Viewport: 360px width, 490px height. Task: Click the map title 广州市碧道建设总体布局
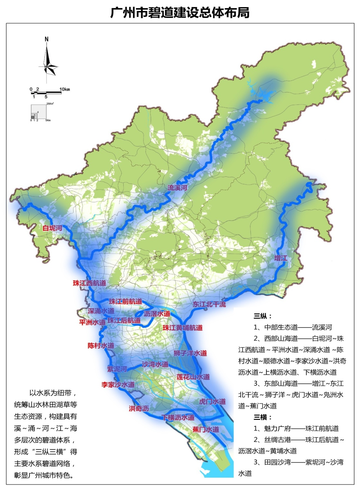tap(180, 13)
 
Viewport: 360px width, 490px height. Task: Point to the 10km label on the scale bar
tap(64, 89)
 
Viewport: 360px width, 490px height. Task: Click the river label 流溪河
tap(177, 188)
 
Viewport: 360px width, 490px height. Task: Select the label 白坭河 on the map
tap(52, 228)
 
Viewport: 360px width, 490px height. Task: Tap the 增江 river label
tap(281, 258)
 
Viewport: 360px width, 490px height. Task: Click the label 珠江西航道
tap(89, 283)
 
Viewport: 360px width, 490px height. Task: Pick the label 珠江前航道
tap(125, 301)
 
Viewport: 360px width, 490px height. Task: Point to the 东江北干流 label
tap(209, 304)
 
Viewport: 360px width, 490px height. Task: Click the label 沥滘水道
tap(157, 314)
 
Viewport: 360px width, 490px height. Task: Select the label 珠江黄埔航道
tap(182, 328)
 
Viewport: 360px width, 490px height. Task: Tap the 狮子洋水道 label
tap(190, 353)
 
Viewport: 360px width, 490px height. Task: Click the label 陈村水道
tap(101, 346)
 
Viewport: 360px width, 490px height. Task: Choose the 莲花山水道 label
tap(193, 377)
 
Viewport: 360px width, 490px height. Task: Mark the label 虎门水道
tap(212, 402)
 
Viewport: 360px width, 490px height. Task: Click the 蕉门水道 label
tap(206, 430)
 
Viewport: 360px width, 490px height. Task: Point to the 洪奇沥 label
tap(139, 409)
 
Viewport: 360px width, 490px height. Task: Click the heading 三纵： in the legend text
tap(263, 316)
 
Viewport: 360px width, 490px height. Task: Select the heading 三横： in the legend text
tap(263, 417)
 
